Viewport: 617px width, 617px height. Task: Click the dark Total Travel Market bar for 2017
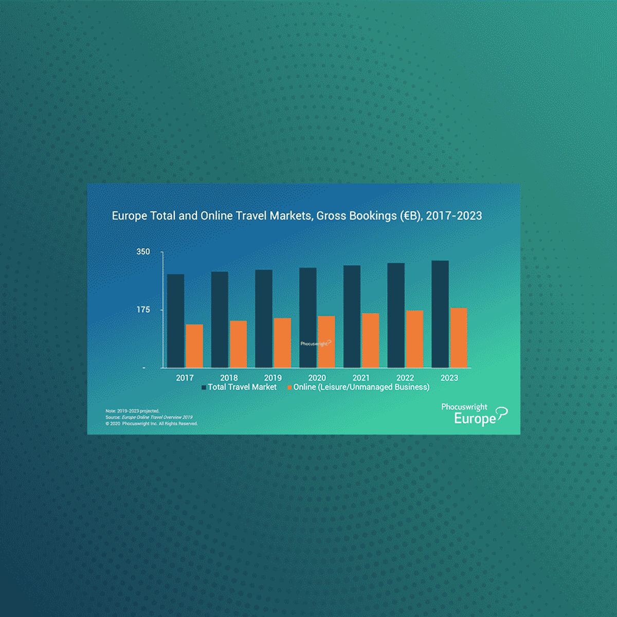coord(175,321)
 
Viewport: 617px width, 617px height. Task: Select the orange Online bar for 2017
coord(194,346)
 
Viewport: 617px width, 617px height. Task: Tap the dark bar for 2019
coord(264,319)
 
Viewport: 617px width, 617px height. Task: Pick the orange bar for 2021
coord(370,340)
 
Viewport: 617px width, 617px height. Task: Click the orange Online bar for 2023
coord(459,338)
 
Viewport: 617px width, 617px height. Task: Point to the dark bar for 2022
coord(396,315)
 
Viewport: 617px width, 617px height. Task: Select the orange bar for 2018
coord(238,344)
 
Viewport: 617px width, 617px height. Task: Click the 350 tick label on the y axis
coord(143,252)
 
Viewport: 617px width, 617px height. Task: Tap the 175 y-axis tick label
coord(143,310)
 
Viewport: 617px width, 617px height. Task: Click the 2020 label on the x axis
coord(317,378)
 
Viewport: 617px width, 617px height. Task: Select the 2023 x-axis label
coord(449,378)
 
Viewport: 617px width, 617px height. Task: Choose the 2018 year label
coord(229,378)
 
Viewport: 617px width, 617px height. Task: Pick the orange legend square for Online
coord(289,387)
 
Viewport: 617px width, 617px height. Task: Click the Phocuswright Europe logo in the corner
coord(473,414)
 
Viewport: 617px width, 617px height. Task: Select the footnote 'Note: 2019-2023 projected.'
coord(133,411)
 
